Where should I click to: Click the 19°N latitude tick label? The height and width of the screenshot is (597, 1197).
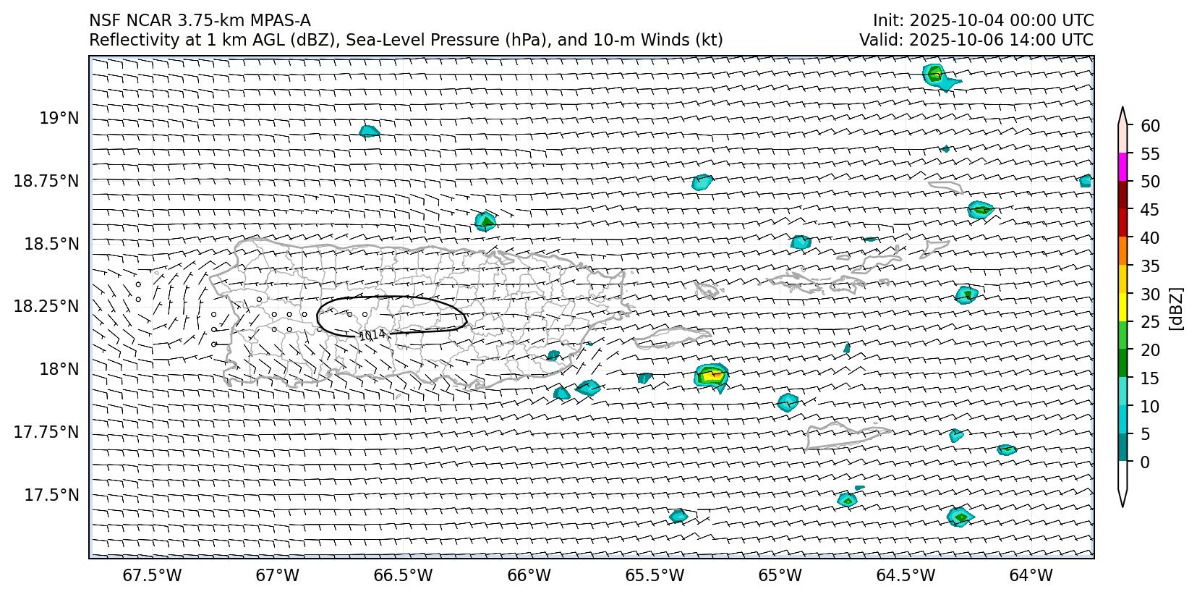[59, 118]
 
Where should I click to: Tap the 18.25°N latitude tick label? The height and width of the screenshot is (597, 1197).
[46, 307]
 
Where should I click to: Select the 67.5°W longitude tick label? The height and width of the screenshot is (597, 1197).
[153, 576]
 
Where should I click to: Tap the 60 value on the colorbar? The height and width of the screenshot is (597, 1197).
[1150, 126]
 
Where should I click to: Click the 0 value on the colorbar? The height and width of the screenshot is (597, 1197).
[1145, 462]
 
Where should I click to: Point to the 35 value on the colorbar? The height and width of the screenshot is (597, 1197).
[1150, 266]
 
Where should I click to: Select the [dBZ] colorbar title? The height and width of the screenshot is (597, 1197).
[1177, 308]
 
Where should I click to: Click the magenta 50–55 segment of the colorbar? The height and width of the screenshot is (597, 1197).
[1123, 167]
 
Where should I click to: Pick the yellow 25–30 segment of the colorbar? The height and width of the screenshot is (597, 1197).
[1123, 308]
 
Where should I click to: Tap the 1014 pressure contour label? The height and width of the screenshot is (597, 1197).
[372, 335]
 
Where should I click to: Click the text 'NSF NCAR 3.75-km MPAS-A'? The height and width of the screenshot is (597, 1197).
[200, 21]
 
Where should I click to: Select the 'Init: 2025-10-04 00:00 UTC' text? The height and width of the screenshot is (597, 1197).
[983, 21]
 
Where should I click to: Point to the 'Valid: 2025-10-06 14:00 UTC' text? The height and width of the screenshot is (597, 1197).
[976, 41]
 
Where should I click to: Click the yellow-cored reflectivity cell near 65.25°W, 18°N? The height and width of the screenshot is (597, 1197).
[712, 375]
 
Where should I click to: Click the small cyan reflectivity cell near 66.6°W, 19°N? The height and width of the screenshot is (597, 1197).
[369, 131]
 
